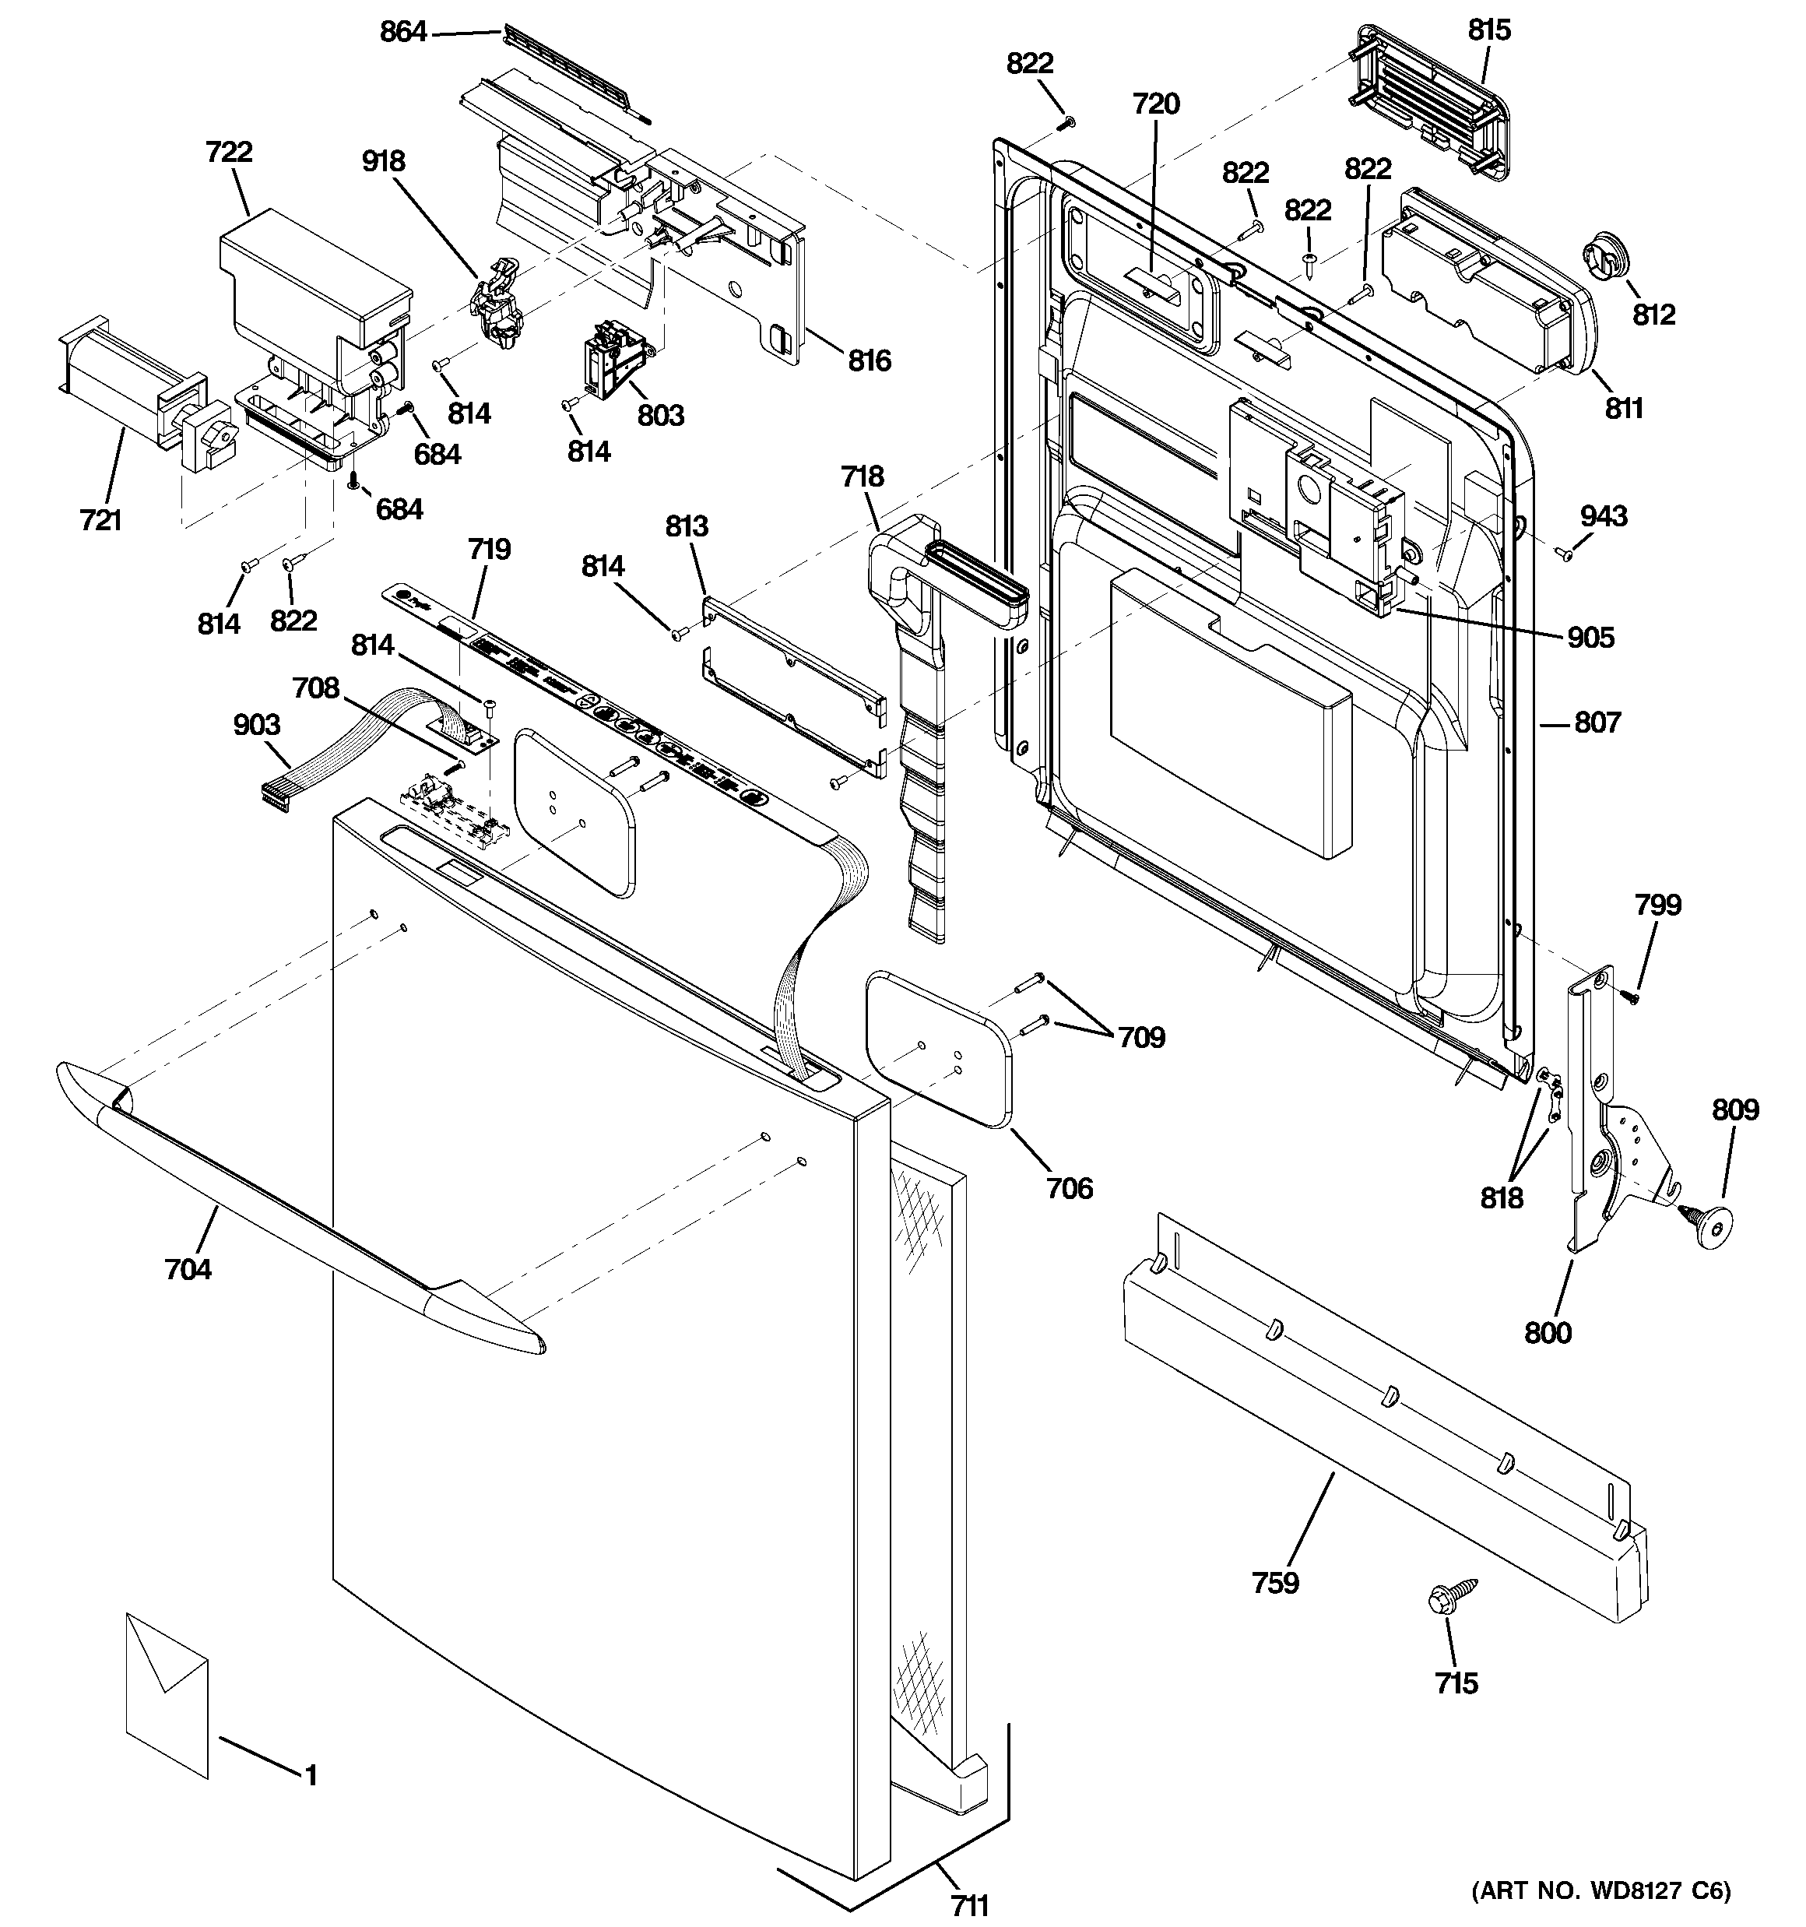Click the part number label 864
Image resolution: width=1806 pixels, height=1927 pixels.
click(402, 32)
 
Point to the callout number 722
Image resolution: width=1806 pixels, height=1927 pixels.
click(229, 152)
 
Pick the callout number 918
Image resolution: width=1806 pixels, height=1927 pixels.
click(383, 161)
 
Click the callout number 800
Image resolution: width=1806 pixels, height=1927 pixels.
click(1548, 1333)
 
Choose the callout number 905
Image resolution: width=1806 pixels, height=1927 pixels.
click(1591, 637)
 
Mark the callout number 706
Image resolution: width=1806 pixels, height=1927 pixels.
click(1070, 1187)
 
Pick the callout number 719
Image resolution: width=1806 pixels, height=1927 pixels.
click(489, 550)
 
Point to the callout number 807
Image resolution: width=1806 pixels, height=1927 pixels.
click(1597, 723)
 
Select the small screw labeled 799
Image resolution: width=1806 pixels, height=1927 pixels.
click(1635, 996)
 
